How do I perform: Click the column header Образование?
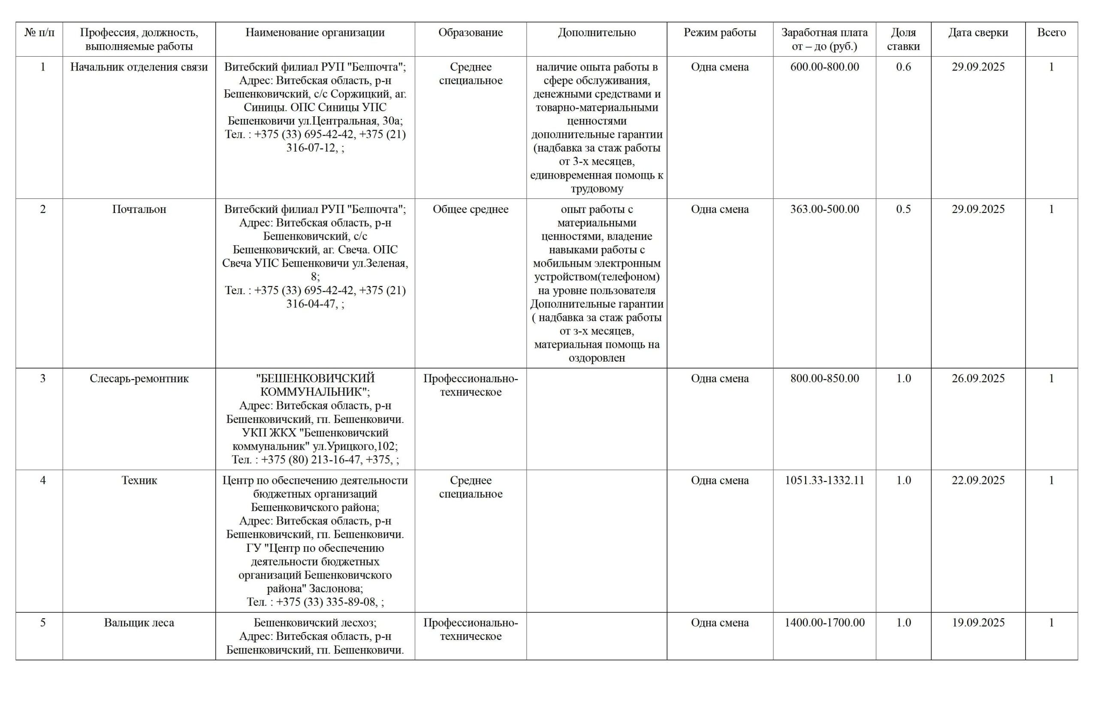470,33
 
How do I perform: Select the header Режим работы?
719,33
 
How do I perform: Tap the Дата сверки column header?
977,33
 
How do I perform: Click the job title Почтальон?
139,210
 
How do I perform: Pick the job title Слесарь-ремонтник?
139,379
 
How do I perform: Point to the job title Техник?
139,481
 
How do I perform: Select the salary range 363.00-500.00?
824,210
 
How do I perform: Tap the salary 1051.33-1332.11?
824,481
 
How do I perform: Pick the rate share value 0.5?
903,210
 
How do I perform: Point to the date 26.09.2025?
978,379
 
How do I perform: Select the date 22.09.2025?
978,481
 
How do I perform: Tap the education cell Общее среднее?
470,210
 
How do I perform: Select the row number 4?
43,481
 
